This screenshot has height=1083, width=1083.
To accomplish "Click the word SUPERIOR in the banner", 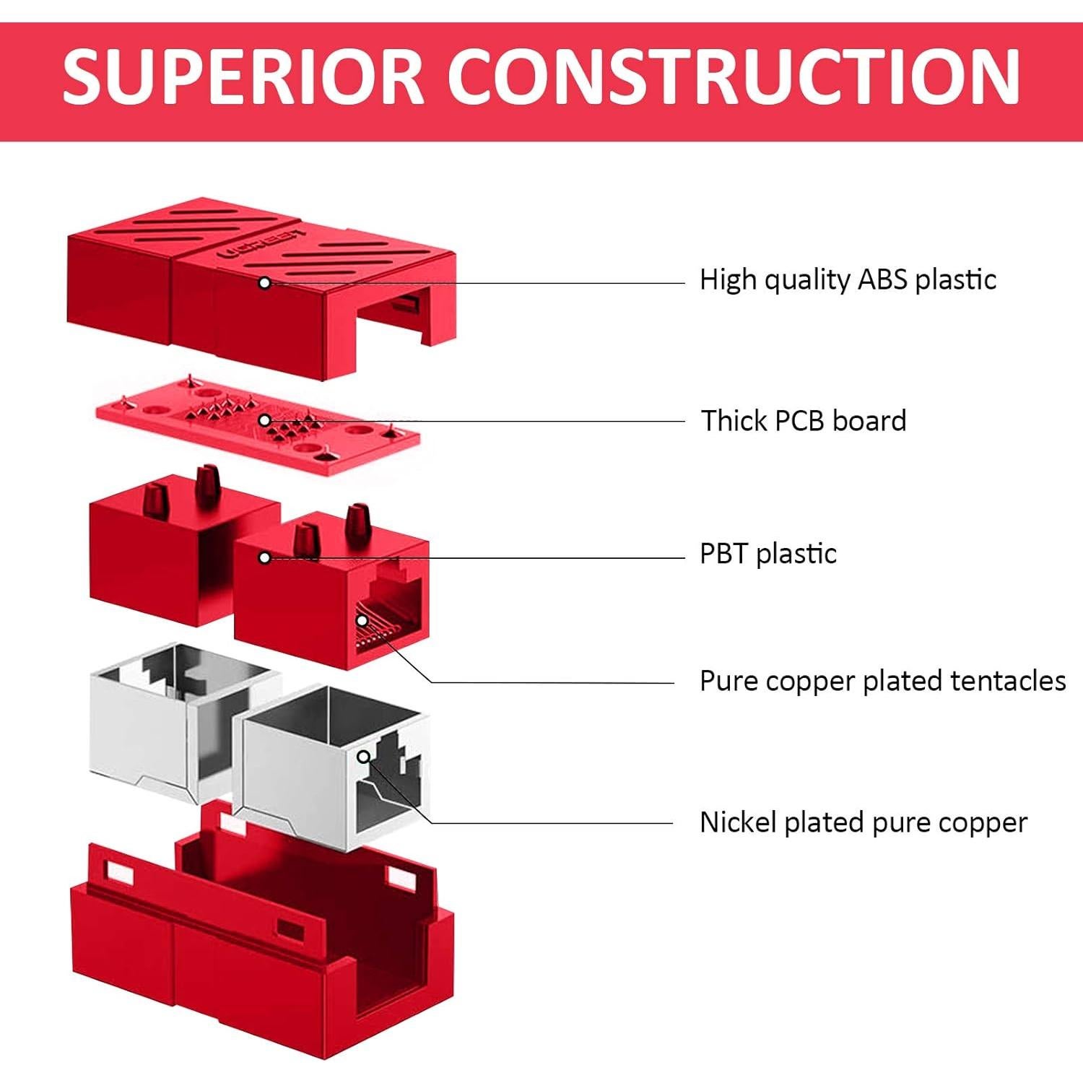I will point(243,77).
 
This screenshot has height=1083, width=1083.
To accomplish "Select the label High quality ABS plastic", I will point(848,280).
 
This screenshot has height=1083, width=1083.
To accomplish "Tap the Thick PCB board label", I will point(804,421).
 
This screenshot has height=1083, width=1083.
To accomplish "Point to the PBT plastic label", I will point(768,554).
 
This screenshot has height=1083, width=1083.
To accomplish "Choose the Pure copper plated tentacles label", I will point(882,682).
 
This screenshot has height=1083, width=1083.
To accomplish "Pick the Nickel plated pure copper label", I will point(863,823).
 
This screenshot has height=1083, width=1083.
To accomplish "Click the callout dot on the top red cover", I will point(265,283).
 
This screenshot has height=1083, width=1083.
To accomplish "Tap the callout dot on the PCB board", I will point(265,420).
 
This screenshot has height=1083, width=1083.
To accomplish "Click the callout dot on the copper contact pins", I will point(362,620).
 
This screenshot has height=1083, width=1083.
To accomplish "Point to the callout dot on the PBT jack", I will point(265,558).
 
